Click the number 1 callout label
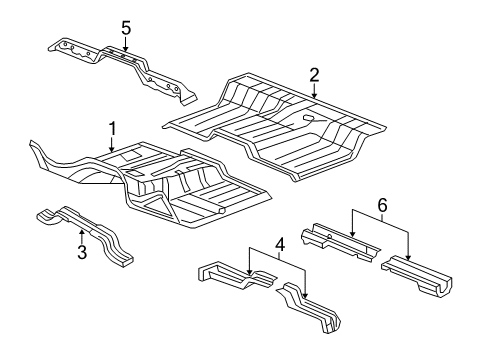(113, 128)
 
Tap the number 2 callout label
(314, 74)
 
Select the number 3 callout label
(82, 252)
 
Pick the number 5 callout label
(125, 27)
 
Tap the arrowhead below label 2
(314, 97)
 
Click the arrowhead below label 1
(113, 152)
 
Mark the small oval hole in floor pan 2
(309, 120)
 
